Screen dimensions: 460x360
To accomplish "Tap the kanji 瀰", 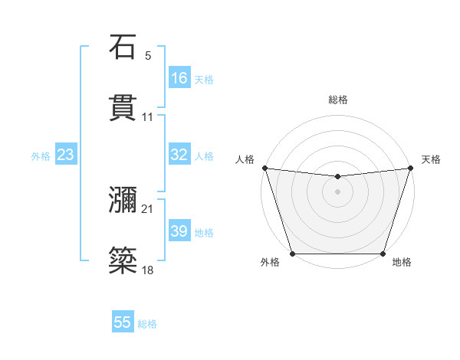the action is coord(123,201).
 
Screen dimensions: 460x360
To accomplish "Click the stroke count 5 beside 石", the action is coord(148,55).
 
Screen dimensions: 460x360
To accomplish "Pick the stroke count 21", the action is coord(148,209).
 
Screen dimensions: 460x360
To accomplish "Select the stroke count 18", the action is coord(148,270).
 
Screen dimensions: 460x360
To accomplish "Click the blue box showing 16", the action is coord(179,77).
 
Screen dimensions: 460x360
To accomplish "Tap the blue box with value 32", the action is coord(179,155).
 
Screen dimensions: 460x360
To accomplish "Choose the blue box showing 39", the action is coord(179,231).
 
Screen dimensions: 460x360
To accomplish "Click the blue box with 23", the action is coord(66,155).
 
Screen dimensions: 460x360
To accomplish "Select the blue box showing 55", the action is coord(123,322).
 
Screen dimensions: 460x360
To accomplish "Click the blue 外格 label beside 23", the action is coord(41,156).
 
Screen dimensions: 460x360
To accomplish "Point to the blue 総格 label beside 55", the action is coord(147,324).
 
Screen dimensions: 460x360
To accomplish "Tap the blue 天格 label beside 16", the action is coord(204,79).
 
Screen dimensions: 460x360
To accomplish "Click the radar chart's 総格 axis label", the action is coord(338,100).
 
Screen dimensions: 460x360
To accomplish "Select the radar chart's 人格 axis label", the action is coord(245,159).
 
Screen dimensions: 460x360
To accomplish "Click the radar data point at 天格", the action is coord(410,168).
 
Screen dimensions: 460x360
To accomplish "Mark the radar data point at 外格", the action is coord(293,254).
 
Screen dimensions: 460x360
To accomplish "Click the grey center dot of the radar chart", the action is coord(338,191).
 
